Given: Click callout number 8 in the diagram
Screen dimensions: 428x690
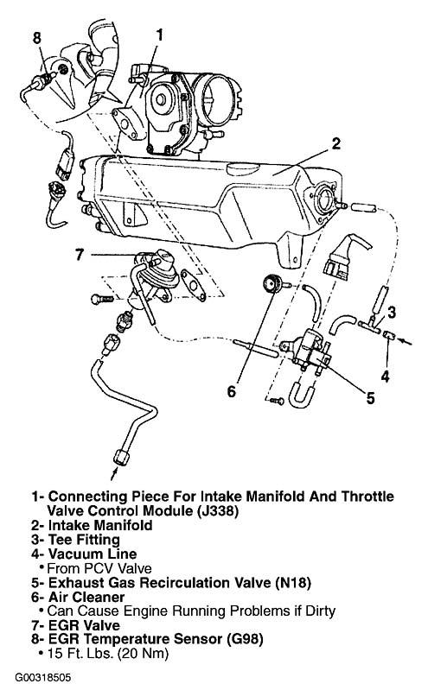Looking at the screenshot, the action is coord(37,38).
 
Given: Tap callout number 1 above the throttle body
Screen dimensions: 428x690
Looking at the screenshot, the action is coord(160,35).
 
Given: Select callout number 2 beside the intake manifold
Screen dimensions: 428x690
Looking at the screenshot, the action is coord(335,144).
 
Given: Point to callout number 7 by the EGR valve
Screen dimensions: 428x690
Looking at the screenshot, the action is coord(80,255).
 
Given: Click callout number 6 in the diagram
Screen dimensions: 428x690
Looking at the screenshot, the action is coord(232,390).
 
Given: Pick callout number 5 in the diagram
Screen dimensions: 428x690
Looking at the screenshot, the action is coord(370,398).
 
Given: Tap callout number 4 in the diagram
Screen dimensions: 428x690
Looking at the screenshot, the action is coord(386,377).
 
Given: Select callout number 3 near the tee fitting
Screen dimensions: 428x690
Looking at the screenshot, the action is coord(392,312).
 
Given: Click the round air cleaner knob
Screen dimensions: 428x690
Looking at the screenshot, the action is coord(272,284).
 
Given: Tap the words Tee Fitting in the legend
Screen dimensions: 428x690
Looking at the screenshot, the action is coord(84,540).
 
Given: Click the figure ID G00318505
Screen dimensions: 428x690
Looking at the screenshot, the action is coord(42,677).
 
